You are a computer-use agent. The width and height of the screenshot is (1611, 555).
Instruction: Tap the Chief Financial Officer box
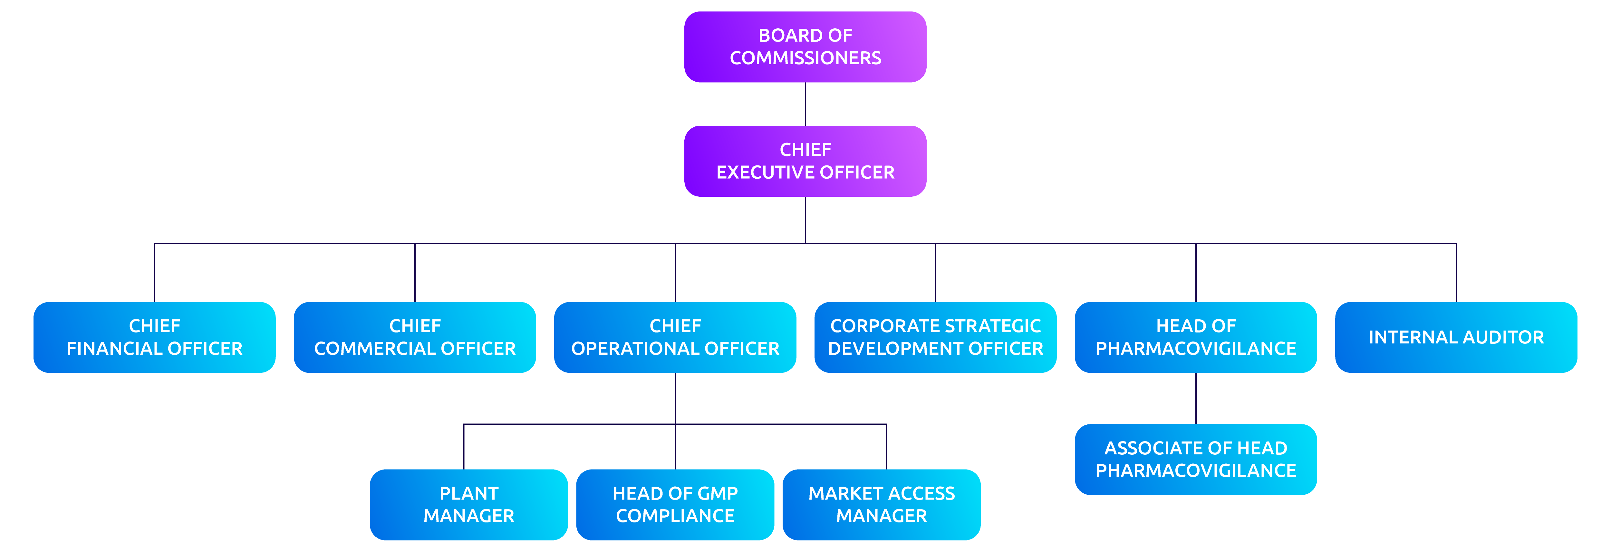pyautogui.click(x=154, y=337)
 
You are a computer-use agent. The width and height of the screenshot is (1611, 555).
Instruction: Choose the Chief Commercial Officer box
pyautogui.click(x=415, y=337)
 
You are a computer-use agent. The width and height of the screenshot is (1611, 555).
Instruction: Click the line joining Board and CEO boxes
pyautogui.click(x=805, y=104)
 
